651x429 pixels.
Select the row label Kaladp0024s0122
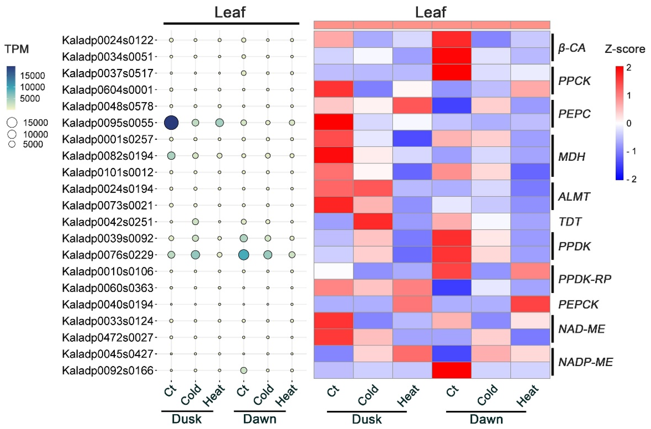pos(107,40)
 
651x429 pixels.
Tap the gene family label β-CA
pos(572,48)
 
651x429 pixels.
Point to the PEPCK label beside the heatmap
pos(578,304)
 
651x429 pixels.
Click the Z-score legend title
pos(625,49)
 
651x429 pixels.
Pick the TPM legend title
pos(17,49)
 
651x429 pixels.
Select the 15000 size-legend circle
pos(12,123)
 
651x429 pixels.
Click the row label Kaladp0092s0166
pos(107,370)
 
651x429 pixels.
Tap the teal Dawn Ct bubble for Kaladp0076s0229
pos(244,255)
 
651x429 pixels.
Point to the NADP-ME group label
pos(585,362)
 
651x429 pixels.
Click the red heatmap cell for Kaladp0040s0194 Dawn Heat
pos(530,304)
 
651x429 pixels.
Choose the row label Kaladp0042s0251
pos(107,222)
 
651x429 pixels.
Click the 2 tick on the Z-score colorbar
pos(629,67)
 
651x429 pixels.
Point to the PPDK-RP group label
pos(584,279)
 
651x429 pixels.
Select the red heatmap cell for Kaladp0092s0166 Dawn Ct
pos(451,370)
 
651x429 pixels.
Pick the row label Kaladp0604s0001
pos(107,90)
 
